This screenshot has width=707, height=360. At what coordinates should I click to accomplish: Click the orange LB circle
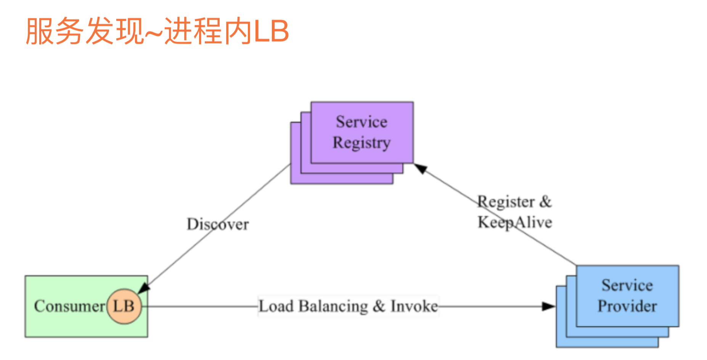124,306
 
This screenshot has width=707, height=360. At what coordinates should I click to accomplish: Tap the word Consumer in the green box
69,306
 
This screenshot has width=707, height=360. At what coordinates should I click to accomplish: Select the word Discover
217,224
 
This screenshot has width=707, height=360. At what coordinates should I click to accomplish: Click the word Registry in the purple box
362,143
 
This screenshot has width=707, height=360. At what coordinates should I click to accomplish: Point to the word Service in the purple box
362,122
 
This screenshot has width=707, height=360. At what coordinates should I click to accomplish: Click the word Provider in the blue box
627,306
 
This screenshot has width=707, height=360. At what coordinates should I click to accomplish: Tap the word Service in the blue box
627,285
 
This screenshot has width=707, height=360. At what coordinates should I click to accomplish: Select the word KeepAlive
515,222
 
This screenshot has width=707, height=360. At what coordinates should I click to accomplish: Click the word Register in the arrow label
506,202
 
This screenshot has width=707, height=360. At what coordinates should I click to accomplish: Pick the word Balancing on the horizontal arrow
333,306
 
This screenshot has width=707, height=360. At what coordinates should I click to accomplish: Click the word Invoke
414,306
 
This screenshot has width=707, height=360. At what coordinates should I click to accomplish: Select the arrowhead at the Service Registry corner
420,168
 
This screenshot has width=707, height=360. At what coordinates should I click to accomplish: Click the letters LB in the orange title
271,31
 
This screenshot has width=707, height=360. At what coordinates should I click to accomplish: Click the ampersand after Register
545,202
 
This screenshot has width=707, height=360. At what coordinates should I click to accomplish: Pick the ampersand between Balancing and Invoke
379,306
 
